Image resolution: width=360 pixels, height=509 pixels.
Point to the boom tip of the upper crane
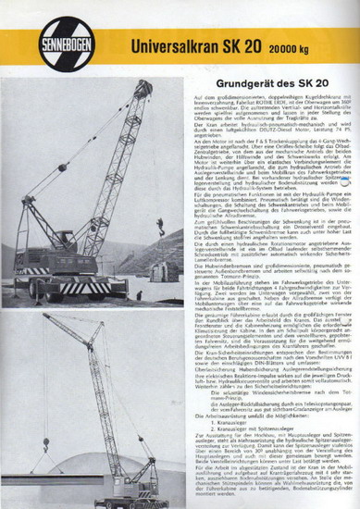tap(147, 86)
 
